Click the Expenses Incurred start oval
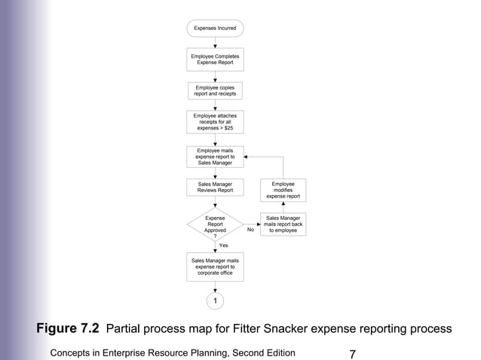coord(215,29)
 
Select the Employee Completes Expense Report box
coord(215,59)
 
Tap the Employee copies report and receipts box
coord(215,91)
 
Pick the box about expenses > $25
coord(215,122)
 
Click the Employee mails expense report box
coord(215,157)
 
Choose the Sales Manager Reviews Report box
coord(215,188)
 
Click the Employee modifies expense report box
coord(283,190)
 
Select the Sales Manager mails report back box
coord(283,224)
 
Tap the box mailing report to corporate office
coord(215,267)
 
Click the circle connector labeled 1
coord(215,301)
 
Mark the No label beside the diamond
coord(250,230)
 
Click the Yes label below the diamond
coord(223,246)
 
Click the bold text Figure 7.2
coord(69,328)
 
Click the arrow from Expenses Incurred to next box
coord(215,42)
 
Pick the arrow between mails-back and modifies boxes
coord(283,207)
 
